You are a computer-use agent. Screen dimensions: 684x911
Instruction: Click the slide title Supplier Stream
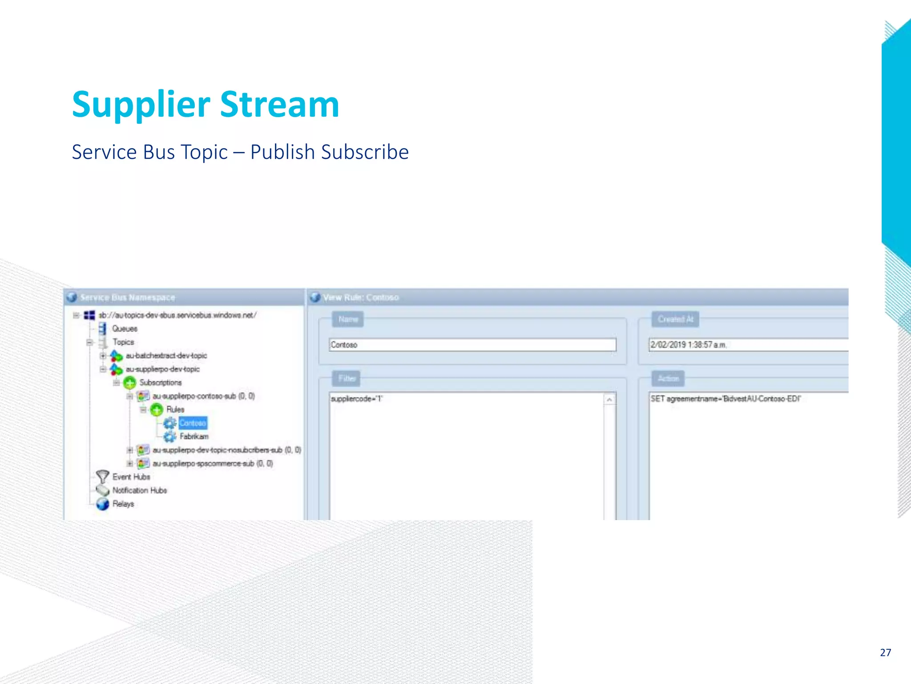coord(206,104)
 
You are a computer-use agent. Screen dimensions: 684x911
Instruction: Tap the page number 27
coord(885,652)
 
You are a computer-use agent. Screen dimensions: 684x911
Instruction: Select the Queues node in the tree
coord(125,329)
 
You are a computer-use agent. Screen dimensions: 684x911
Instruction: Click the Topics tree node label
coord(123,342)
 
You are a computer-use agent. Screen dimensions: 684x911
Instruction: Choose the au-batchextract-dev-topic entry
coord(166,355)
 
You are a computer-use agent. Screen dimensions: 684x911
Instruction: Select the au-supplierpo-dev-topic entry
coord(162,369)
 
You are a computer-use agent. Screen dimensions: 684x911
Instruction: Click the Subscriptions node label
coord(160,383)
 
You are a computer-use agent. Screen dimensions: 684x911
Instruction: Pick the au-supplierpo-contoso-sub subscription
coord(194,396)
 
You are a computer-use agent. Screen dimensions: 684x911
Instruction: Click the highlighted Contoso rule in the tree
coord(193,423)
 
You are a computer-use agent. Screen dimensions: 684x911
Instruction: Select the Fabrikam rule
coord(194,436)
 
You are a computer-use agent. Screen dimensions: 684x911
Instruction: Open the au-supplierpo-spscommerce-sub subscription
coord(203,464)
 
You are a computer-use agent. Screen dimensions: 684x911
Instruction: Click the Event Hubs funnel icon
coord(102,477)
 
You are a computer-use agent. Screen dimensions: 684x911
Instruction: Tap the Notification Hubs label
coord(140,490)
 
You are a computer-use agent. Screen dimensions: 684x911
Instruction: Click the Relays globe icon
coord(103,504)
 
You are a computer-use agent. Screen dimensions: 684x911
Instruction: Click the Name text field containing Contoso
coord(472,345)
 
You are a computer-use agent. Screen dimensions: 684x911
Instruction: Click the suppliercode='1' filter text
coord(356,399)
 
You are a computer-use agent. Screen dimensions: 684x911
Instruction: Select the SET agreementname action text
coord(725,399)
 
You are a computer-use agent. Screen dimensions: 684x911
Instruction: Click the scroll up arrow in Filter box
coord(609,400)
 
